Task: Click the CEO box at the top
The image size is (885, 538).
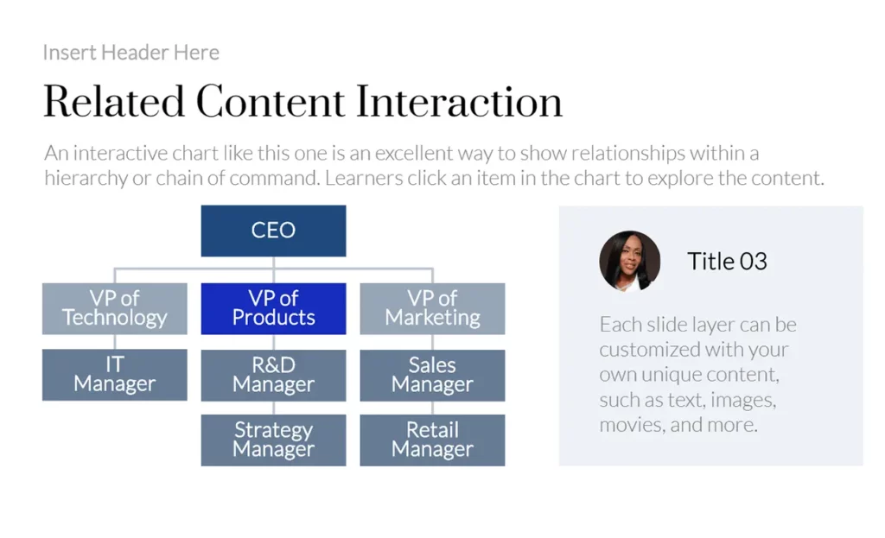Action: tap(273, 231)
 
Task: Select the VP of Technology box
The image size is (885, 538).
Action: tap(115, 308)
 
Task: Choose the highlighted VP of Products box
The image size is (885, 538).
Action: tap(273, 308)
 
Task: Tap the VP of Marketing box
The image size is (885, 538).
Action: tap(432, 308)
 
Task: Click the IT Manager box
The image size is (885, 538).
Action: tap(115, 375)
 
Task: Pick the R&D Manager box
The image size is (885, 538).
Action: tap(273, 375)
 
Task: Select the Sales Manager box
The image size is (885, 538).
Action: tap(432, 375)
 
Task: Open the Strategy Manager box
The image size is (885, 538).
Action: tap(273, 440)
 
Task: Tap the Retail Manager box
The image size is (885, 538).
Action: tap(432, 440)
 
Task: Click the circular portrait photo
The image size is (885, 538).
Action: tap(630, 261)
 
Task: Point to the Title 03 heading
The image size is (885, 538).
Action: tap(727, 261)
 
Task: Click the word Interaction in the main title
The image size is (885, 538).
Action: tap(460, 102)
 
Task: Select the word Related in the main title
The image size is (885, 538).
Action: tap(114, 102)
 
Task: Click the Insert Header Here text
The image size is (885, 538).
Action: tap(131, 53)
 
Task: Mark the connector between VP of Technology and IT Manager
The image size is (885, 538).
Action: tap(115, 342)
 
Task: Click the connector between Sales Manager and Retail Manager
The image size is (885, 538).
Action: tap(432, 408)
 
